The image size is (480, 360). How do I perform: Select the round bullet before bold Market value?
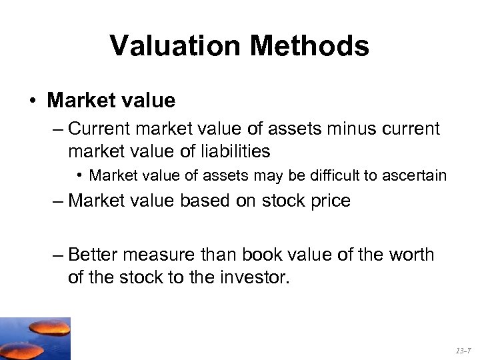click(33, 101)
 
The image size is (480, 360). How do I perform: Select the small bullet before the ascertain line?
click(79, 175)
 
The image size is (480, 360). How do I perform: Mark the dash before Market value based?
click(57, 201)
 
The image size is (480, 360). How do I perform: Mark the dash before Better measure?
click(57, 255)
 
